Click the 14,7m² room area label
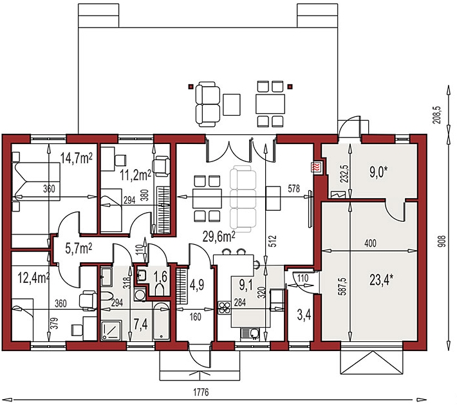pos(77,159)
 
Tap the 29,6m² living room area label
pos(219,237)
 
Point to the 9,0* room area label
pos(378,172)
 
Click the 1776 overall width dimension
pos(201,392)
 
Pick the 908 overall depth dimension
pos(442,241)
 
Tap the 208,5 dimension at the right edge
pos(438,115)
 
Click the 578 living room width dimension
pos(294,188)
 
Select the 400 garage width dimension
pos(370,243)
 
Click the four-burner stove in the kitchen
pos(225,309)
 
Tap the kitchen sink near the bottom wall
pos(250,334)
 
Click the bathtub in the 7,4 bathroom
pos(161,321)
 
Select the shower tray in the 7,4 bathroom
pos(111,330)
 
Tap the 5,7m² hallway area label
pos(79,249)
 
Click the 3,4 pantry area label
pos(304,315)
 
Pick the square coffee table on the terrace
pos(232,104)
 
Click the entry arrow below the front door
pos(200,373)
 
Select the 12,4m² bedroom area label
pos(33,278)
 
